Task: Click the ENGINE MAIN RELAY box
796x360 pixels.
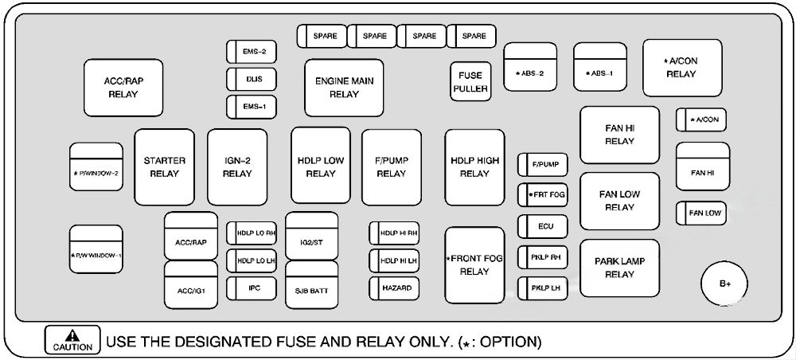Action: [x=344, y=88]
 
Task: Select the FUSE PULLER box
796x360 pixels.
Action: [x=470, y=82]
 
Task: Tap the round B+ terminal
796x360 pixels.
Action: [x=724, y=284]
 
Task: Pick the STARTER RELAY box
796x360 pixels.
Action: [x=164, y=166]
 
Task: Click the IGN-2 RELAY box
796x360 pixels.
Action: [x=237, y=166]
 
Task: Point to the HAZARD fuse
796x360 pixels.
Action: [x=394, y=287]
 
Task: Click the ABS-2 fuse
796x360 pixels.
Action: [x=529, y=73]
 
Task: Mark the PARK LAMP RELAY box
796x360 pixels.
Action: [x=619, y=268]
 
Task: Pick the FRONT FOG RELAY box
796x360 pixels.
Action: [x=474, y=265]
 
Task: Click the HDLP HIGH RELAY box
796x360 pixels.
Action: [x=474, y=166]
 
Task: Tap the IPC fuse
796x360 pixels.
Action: [x=253, y=286]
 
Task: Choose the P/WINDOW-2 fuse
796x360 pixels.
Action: [x=96, y=173]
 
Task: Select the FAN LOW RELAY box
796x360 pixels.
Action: [x=619, y=201]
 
